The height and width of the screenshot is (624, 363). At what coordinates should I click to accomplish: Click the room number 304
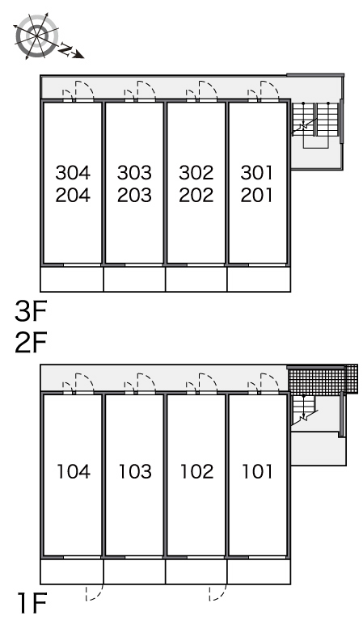coord(73,173)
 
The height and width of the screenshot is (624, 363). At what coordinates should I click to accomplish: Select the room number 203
coord(134,195)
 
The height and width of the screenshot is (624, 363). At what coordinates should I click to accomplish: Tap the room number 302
coord(196,173)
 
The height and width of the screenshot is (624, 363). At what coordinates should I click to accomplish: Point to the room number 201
coord(257,195)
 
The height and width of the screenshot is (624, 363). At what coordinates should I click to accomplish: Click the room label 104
coord(74,471)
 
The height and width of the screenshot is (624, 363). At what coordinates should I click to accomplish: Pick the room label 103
coord(135,471)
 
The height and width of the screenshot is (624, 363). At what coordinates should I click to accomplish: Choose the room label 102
coord(197,471)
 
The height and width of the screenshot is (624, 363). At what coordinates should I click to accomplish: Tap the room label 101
coord(258,471)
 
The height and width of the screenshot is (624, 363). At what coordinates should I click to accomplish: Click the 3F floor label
coord(31,311)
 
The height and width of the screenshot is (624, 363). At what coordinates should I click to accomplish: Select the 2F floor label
coord(31,343)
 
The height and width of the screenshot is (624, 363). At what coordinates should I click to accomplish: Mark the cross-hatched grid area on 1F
coord(323,379)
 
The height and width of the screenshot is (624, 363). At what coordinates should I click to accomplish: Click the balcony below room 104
coord(72,571)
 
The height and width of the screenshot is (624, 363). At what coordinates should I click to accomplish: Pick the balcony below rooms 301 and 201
coord(259,279)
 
